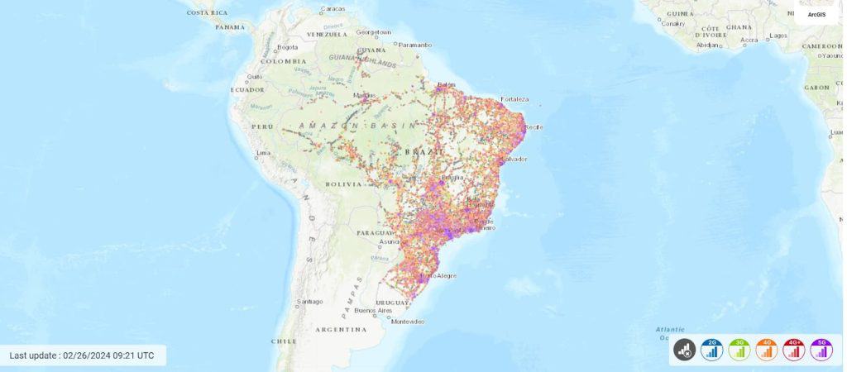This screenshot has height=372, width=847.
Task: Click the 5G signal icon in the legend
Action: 821,350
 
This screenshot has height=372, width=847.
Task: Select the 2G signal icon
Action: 711,350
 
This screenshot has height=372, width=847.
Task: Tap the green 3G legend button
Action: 739,350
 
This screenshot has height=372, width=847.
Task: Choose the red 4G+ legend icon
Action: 794,350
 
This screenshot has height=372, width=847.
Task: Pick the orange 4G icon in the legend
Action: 767,350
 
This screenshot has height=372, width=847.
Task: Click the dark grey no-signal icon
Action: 684,350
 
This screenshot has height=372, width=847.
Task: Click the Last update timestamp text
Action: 82,355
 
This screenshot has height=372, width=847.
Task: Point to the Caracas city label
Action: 332,9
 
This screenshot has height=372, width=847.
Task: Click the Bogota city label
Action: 288,47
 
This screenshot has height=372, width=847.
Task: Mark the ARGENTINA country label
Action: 340,329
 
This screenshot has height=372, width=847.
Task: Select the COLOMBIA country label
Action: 284,61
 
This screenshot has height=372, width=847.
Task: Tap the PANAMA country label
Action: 230,26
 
